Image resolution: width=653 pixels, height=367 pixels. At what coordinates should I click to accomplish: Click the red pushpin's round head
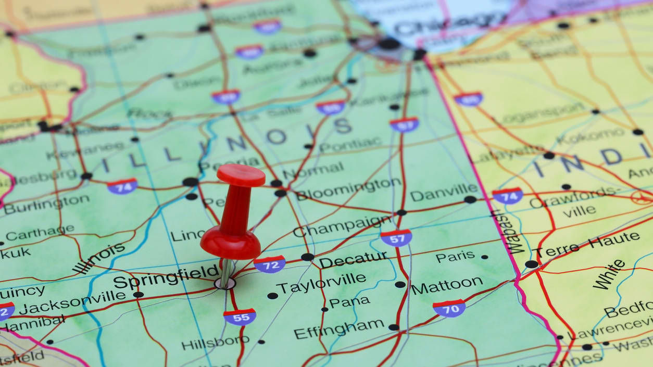point(241,175)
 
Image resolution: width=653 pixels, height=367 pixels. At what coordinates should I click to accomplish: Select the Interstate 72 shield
point(269,264)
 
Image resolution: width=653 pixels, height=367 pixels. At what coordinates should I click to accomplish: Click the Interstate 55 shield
point(240,317)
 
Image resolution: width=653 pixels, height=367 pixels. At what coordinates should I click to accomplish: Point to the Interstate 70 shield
point(449,308)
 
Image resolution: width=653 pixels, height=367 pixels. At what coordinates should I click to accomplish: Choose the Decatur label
point(353,259)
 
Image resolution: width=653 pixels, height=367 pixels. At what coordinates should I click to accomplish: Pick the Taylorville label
point(321,284)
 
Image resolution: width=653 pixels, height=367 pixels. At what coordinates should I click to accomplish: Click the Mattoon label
point(447,285)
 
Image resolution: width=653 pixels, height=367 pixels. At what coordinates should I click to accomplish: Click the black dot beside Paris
point(484,257)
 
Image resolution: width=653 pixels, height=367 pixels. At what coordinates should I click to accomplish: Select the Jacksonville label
point(72,302)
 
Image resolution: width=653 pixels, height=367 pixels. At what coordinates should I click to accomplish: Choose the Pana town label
point(349,302)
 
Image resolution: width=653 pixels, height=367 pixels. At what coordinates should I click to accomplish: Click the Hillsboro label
point(215,342)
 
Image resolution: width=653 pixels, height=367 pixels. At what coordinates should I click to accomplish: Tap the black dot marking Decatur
point(307,257)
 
